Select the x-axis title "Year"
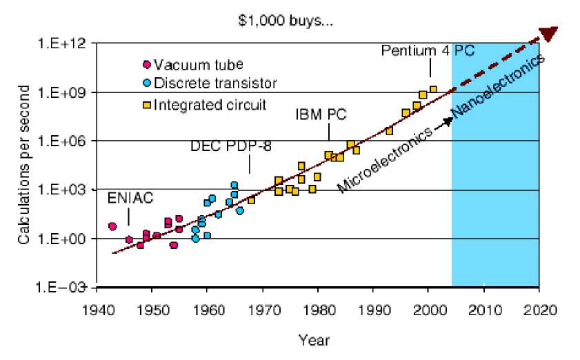(x=314, y=339)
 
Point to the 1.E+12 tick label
(x=63, y=43)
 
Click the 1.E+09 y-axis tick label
(x=63, y=92)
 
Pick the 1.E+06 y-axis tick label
(x=63, y=141)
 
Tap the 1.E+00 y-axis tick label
(x=63, y=239)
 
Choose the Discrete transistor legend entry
(x=215, y=84)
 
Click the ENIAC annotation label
(x=130, y=199)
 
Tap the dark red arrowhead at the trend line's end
(x=549, y=33)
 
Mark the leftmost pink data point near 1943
(x=112, y=226)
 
